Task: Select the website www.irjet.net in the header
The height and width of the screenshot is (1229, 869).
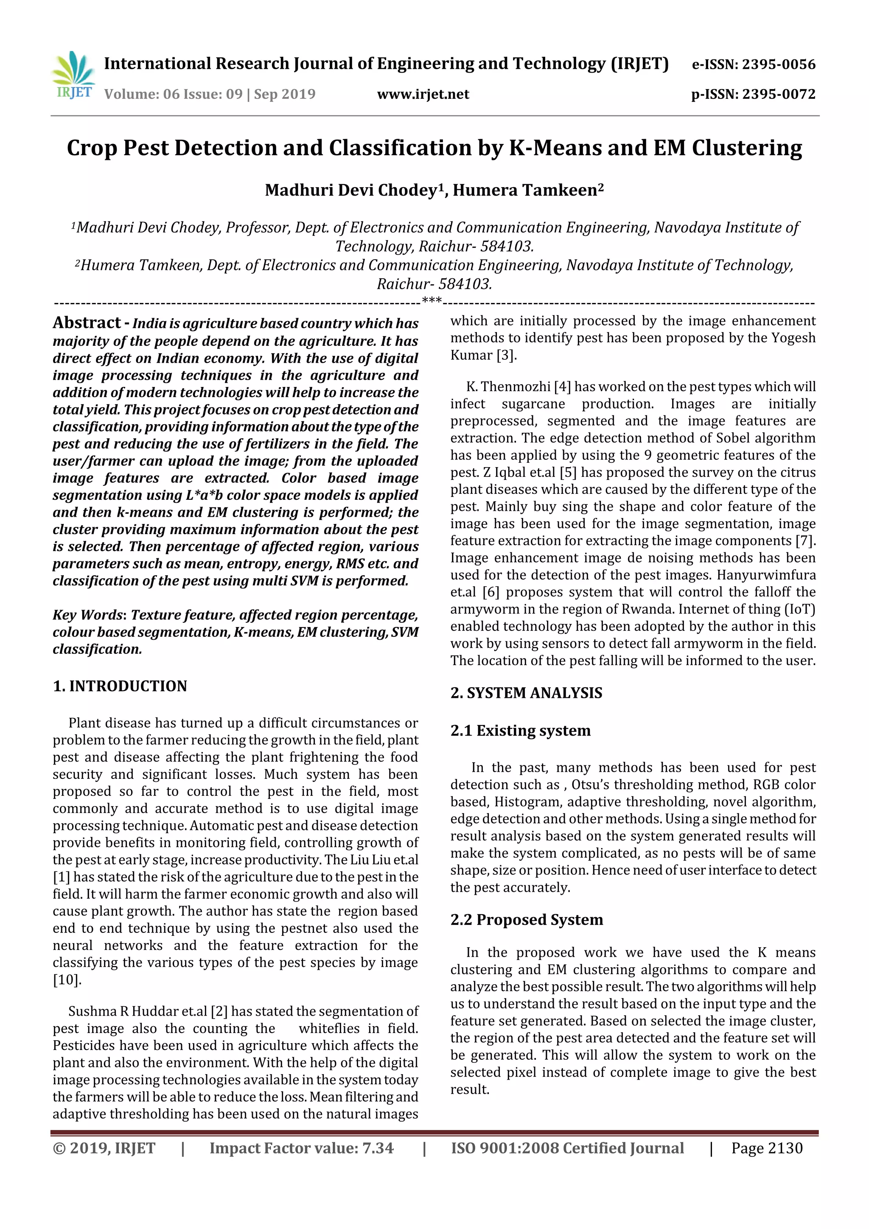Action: [x=423, y=94]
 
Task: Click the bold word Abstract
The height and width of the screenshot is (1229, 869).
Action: [x=87, y=323]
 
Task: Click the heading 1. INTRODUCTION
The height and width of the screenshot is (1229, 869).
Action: [x=120, y=686]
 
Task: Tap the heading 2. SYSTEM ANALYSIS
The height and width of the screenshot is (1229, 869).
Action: [x=526, y=693]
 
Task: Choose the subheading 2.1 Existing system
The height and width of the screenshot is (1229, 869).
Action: [x=520, y=731]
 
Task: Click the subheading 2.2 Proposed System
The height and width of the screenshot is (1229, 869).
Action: [x=526, y=920]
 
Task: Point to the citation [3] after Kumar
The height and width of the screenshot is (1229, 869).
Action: [x=506, y=356]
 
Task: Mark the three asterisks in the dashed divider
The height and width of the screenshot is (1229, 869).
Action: [x=432, y=301]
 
